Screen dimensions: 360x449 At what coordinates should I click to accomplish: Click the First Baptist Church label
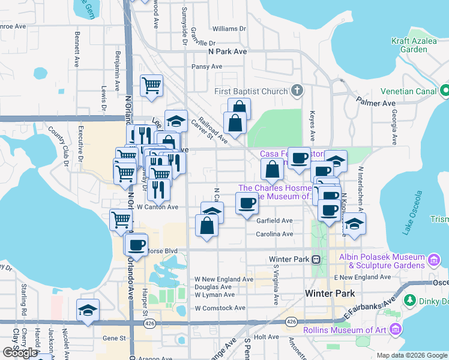[252, 92]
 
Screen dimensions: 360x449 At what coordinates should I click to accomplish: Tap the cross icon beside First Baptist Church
[296, 91]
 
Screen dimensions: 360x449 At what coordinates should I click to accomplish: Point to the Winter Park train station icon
[316, 260]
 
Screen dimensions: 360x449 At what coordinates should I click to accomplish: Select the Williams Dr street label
[229, 28]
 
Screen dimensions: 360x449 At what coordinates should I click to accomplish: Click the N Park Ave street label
[228, 52]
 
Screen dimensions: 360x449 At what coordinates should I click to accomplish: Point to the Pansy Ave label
[207, 67]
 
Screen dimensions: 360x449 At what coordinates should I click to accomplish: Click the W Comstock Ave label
[220, 308]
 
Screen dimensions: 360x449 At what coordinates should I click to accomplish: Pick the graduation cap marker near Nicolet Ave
[88, 311]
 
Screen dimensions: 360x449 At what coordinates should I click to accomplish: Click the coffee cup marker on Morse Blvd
[137, 245]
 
